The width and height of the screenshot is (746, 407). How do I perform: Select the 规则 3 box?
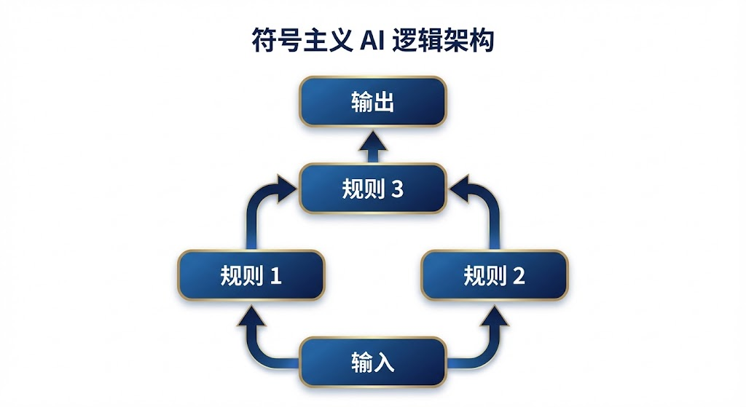[372, 189]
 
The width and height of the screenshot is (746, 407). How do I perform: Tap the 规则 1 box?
[251, 275]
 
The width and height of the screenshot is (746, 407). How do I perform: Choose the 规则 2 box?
[495, 275]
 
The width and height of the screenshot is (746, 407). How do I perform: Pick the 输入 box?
[372, 361]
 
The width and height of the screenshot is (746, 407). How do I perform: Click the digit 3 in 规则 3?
[397, 189]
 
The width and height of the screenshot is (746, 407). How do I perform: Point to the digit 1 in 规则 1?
[275, 276]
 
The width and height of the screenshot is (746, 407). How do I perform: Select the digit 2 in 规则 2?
[519, 276]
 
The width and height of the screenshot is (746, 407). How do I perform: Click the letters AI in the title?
[375, 41]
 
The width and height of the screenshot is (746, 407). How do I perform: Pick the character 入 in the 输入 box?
[384, 362]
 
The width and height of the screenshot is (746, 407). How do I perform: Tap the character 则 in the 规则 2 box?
[495, 276]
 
